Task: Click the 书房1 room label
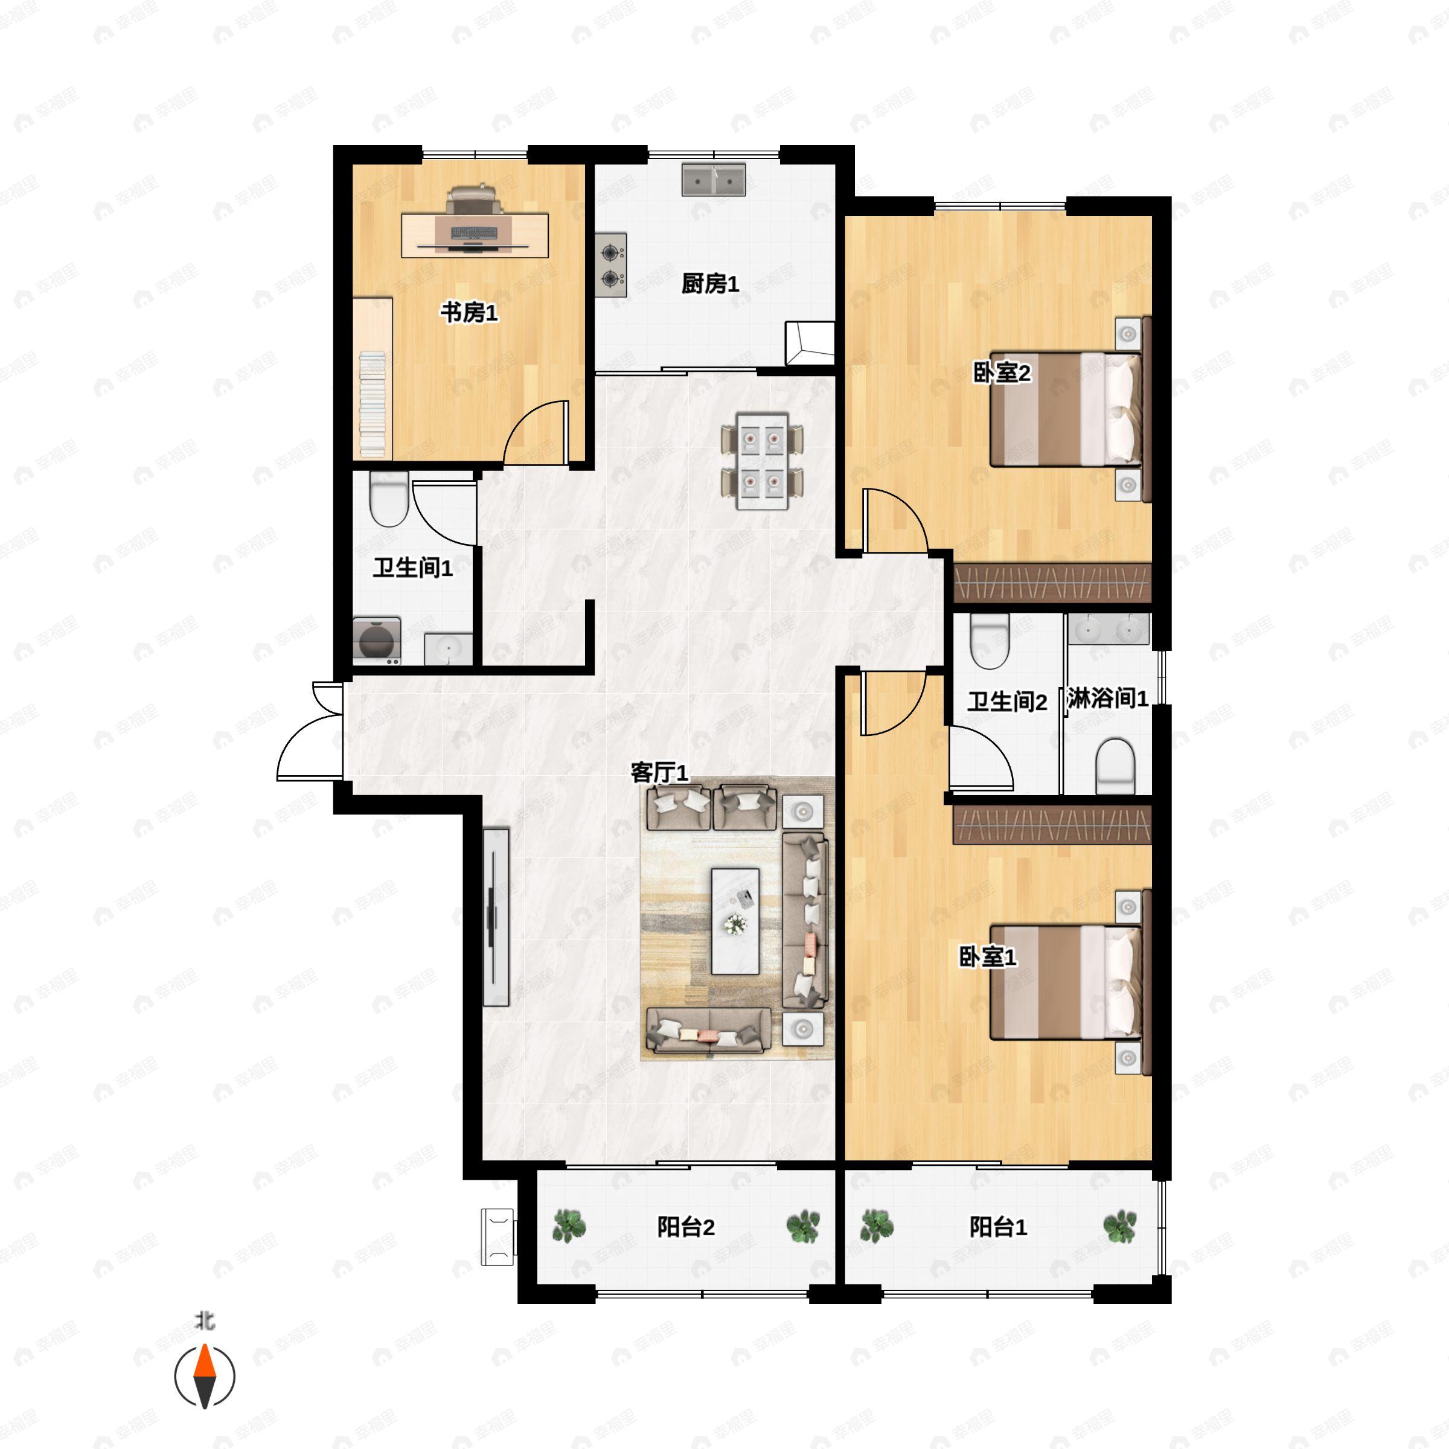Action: pos(469,312)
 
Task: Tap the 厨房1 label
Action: pos(709,284)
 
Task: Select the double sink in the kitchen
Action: pos(713,180)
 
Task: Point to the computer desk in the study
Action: pos(474,235)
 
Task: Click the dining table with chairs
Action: pos(762,461)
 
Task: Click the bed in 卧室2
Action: pos(1065,409)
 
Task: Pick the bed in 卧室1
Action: pos(1065,982)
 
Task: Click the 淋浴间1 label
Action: pos(1107,699)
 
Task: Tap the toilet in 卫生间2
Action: pos(988,641)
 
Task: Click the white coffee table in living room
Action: pos(735,921)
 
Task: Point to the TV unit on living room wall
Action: pos(496,916)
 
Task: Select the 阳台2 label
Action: pos(685,1227)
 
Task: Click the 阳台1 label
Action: pos(997,1227)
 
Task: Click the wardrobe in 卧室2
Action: pos(1052,582)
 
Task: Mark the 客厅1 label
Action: pos(659,773)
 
